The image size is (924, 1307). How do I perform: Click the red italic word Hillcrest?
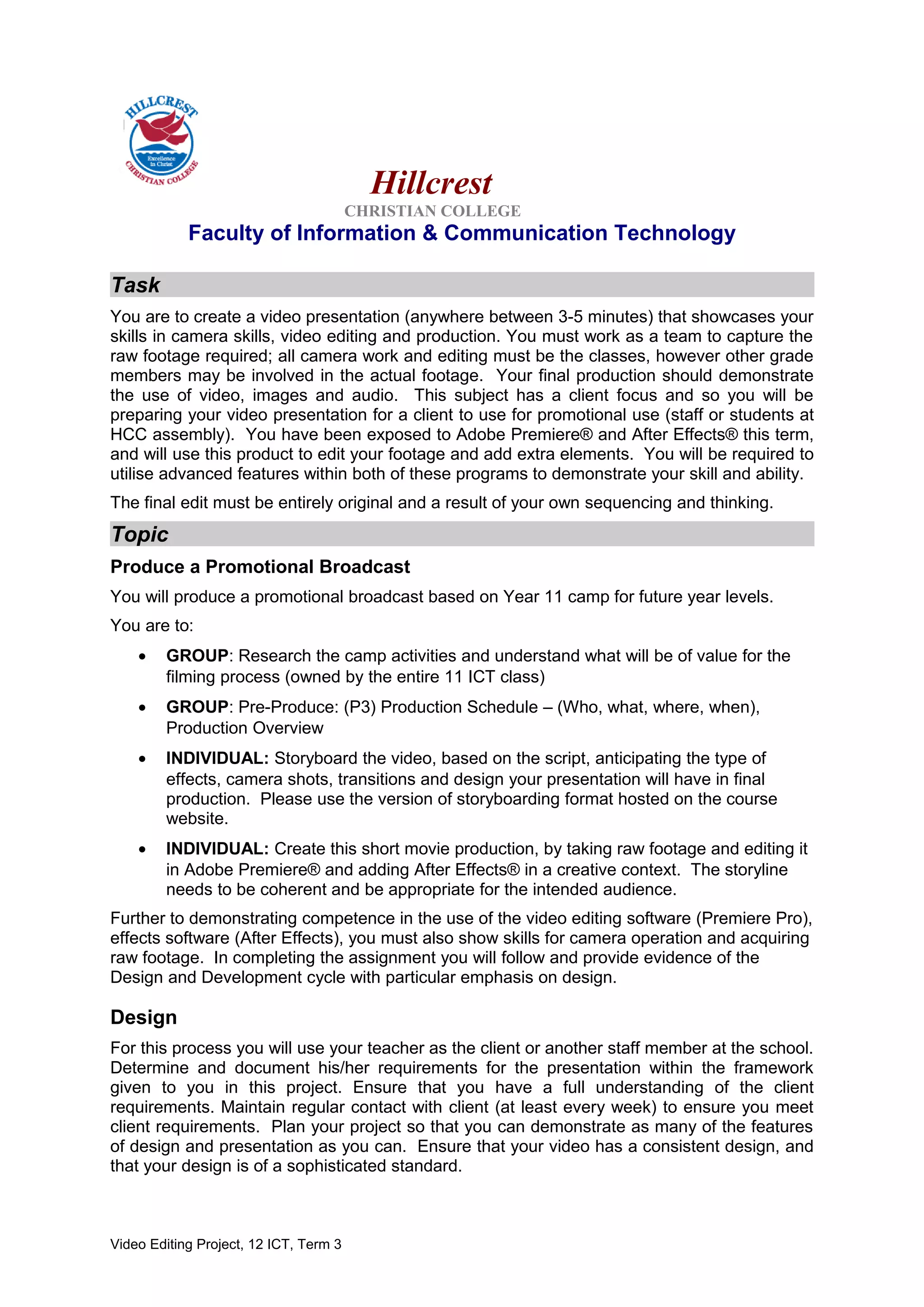pyautogui.click(x=431, y=183)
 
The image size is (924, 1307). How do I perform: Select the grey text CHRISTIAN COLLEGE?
pyautogui.click(x=432, y=211)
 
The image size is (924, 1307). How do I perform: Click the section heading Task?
pyautogui.click(x=136, y=285)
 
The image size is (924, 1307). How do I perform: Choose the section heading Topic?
pyautogui.click(x=140, y=534)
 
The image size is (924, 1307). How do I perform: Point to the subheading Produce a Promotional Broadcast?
pyautogui.click(x=260, y=567)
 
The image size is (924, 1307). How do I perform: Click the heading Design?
pyautogui.click(x=143, y=1017)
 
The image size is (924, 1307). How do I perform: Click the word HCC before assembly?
pyautogui.click(x=129, y=435)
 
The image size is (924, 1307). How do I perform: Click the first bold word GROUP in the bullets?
pyautogui.click(x=197, y=656)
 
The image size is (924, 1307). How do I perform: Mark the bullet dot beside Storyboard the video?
pyautogui.click(x=142, y=759)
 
